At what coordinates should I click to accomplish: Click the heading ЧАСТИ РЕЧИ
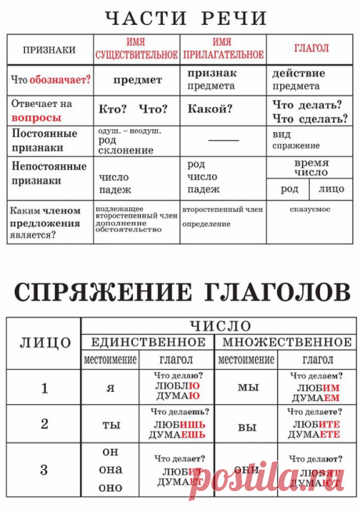[180, 18]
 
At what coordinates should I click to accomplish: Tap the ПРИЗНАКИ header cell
[49, 50]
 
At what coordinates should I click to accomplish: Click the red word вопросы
[36, 117]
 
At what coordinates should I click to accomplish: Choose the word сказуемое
[309, 210]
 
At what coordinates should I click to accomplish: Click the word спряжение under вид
[296, 146]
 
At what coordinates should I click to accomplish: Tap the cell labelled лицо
[332, 188]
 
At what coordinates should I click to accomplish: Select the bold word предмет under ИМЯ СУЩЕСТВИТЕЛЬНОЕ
[137, 80]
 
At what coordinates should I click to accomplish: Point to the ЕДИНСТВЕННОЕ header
[148, 342]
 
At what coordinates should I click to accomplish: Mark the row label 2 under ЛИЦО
[45, 424]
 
